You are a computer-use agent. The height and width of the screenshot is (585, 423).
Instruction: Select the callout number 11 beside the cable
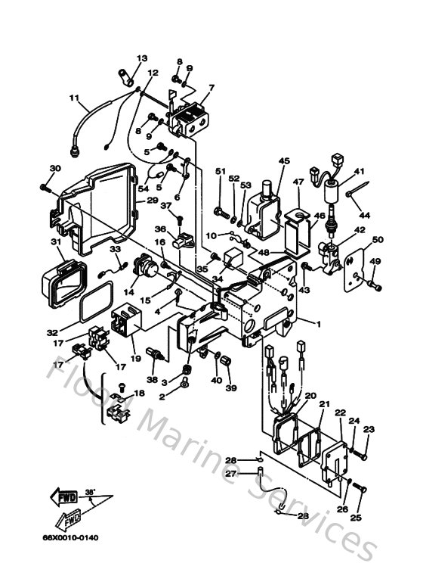click(74, 98)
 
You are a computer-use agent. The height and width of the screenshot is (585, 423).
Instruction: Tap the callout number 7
click(211, 88)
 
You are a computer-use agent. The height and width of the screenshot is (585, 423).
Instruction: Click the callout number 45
click(284, 161)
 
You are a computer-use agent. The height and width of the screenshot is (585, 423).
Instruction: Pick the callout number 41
click(360, 172)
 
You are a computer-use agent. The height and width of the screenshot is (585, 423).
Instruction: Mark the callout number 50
click(378, 240)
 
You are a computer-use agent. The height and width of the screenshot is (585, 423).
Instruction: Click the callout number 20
click(310, 396)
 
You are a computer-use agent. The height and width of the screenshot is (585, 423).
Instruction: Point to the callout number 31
click(55, 242)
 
